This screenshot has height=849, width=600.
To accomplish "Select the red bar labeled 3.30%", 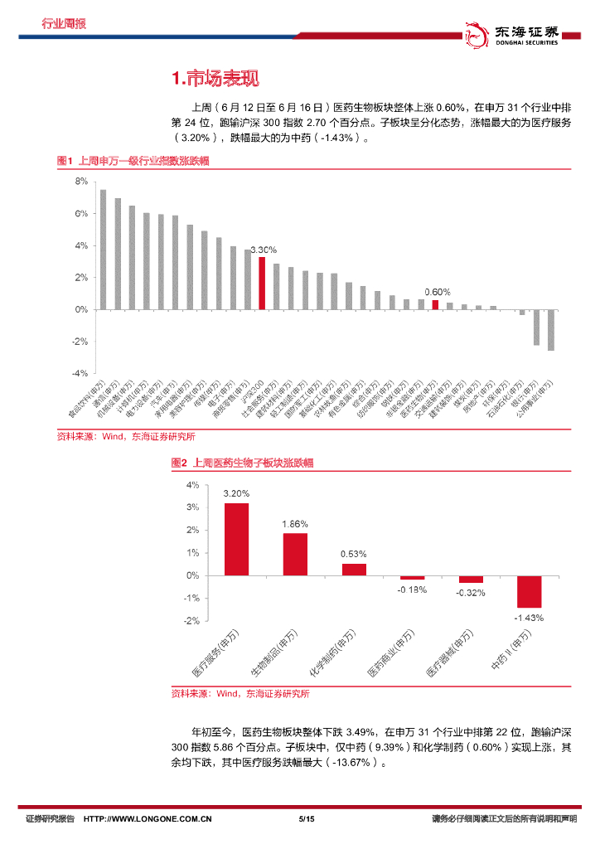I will [x=262, y=283].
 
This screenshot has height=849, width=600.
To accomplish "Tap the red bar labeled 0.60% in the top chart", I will [x=435, y=305].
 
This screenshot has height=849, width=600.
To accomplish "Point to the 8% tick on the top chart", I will [x=81, y=181].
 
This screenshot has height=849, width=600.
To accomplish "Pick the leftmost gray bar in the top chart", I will [x=103, y=250].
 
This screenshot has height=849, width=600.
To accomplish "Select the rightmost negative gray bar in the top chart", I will [x=551, y=330].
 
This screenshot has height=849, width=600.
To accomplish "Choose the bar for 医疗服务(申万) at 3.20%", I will [x=236, y=539].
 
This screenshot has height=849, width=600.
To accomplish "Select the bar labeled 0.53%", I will [x=354, y=569].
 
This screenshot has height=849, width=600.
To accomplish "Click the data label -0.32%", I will [x=471, y=593].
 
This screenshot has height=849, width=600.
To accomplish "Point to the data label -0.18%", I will [x=412, y=589].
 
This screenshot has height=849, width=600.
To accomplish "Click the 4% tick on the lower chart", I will [x=192, y=484].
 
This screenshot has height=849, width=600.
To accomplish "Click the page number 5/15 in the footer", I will [x=306, y=819].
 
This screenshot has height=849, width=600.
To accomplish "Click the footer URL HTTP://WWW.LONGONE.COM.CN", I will [x=148, y=819].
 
